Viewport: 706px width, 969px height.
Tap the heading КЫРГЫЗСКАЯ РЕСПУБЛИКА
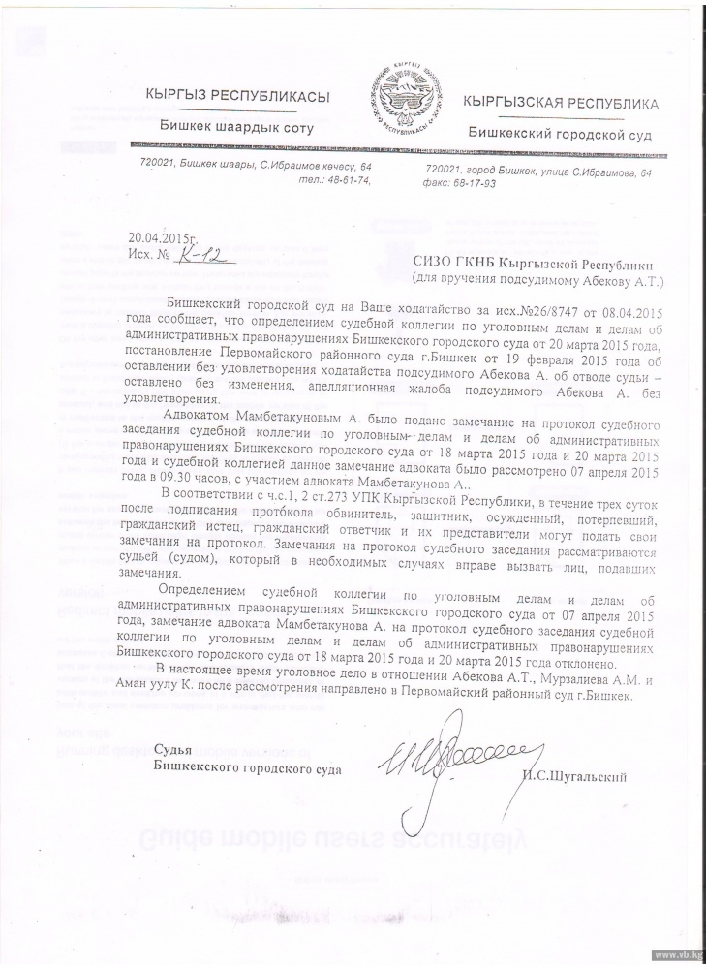click(x=562, y=102)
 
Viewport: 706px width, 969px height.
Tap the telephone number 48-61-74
click(x=349, y=180)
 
